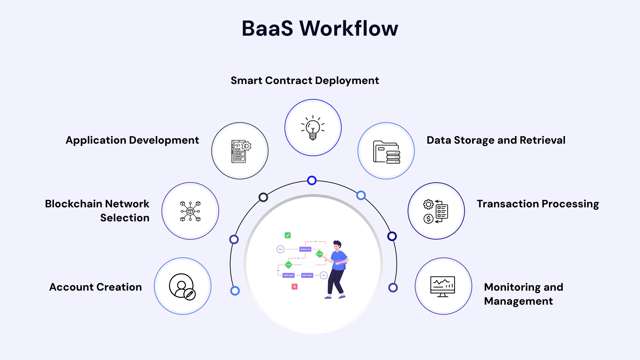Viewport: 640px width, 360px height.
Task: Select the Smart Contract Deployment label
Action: pyautogui.click(x=305, y=81)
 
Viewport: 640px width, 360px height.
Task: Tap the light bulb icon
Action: pyautogui.click(x=313, y=128)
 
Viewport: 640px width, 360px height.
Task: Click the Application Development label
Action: pyautogui.click(x=132, y=140)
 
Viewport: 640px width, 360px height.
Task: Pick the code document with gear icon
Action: pyautogui.click(x=240, y=151)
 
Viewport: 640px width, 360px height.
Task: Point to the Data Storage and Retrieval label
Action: pyautogui.click(x=496, y=140)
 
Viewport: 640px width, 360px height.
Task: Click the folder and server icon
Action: pyautogui.click(x=386, y=152)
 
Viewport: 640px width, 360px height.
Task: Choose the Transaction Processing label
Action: pyautogui.click(x=538, y=204)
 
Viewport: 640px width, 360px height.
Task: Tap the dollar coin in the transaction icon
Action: pyautogui.click(x=428, y=219)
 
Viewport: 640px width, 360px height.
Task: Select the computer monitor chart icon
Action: pyautogui.click(x=443, y=286)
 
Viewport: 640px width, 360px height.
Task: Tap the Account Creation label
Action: pyautogui.click(x=96, y=287)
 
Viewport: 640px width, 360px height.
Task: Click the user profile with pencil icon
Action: pyautogui.click(x=182, y=286)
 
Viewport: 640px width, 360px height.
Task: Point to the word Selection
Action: pyautogui.click(x=125, y=218)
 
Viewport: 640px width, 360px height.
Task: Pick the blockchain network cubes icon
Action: pyautogui.click(x=190, y=211)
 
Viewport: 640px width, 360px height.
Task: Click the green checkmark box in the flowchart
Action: pyautogui.click(x=288, y=235)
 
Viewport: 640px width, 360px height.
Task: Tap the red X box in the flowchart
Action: pyautogui.click(x=294, y=287)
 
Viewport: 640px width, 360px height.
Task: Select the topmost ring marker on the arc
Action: pyautogui.click(x=312, y=180)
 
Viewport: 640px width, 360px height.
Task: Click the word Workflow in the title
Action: pyautogui.click(x=349, y=28)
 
